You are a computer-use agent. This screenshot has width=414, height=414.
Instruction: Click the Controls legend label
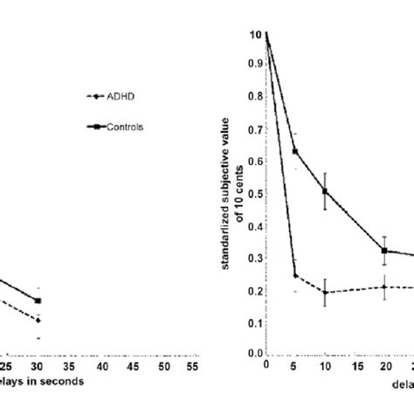(126, 127)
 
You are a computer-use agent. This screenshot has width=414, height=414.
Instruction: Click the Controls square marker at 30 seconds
(38, 300)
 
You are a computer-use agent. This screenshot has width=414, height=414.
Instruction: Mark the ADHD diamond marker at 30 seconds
(38, 321)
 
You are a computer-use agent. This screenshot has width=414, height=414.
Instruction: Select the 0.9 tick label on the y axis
(254, 63)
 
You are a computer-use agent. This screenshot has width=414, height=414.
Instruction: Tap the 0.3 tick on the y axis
(254, 257)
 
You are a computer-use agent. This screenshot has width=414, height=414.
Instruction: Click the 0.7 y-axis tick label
(254, 128)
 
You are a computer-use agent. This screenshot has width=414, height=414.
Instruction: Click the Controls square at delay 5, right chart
(295, 151)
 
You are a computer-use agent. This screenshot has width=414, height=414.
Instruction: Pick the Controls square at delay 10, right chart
(325, 190)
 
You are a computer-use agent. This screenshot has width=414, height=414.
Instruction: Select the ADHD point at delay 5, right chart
(295, 276)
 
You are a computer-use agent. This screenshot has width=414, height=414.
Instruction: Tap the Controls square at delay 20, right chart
(384, 251)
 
